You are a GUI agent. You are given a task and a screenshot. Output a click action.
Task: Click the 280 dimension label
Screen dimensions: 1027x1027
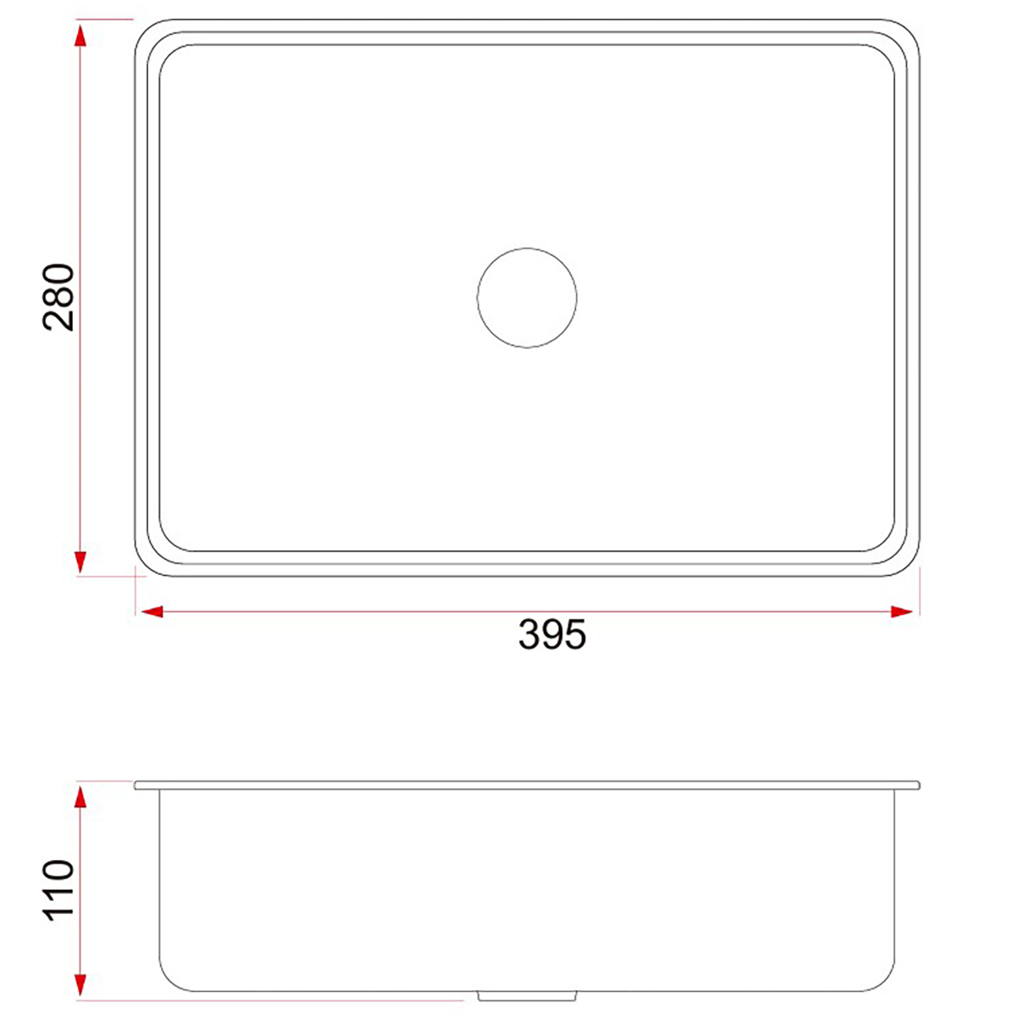pos(59,297)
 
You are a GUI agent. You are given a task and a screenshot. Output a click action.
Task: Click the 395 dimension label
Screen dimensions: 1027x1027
pos(552,634)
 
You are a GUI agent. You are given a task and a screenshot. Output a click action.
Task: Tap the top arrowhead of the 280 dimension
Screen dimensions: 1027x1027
pos(80,36)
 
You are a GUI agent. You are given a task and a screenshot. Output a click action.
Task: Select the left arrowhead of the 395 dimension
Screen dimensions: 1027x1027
pos(151,611)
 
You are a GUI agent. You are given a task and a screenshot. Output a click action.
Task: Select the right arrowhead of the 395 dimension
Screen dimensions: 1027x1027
pos(901,611)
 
